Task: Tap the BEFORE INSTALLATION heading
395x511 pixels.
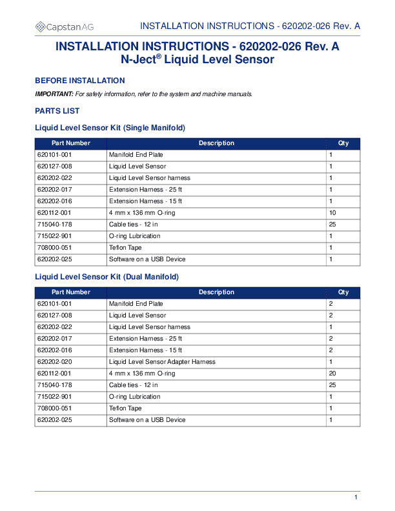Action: click(x=79, y=81)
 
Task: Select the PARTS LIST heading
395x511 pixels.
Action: click(x=57, y=111)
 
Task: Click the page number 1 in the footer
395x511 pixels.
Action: click(x=356, y=496)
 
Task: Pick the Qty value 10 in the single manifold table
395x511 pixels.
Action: click(x=332, y=213)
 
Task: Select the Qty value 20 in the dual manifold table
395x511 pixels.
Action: click(x=332, y=374)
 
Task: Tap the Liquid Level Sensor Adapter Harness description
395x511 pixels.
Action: click(x=162, y=362)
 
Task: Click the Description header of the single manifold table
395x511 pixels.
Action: click(x=216, y=143)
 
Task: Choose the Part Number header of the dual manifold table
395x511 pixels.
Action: click(x=71, y=292)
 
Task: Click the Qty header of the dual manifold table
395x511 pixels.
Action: click(x=343, y=292)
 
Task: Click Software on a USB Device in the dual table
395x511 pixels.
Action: click(x=147, y=420)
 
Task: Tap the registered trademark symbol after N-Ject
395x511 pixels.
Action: click(x=158, y=56)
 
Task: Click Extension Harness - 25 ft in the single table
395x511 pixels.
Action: click(x=145, y=190)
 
